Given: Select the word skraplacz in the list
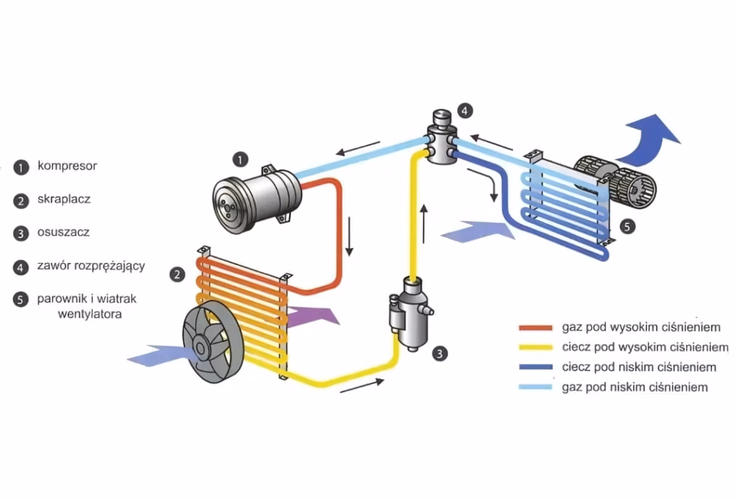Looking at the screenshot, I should (63, 199).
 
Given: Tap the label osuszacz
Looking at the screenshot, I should (63, 232).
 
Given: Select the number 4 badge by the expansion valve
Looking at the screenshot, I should (466, 111).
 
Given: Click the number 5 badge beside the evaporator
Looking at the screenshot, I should (627, 226).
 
